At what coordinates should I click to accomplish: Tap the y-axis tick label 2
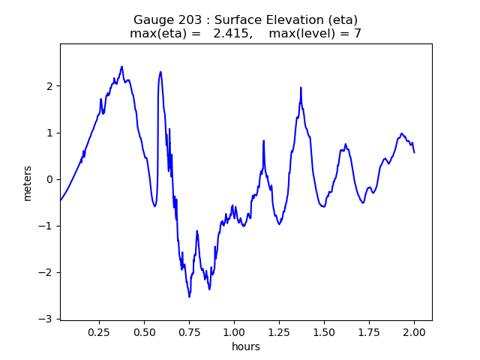(x=49, y=86)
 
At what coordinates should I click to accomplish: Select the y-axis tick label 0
(x=49, y=179)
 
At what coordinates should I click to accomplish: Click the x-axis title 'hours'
(x=245, y=346)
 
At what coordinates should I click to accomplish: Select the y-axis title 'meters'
(x=28, y=183)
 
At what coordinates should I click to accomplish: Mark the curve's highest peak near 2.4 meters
(x=121, y=67)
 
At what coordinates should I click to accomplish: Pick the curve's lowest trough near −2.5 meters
(x=189, y=296)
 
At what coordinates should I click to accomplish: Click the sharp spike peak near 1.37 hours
(x=301, y=88)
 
